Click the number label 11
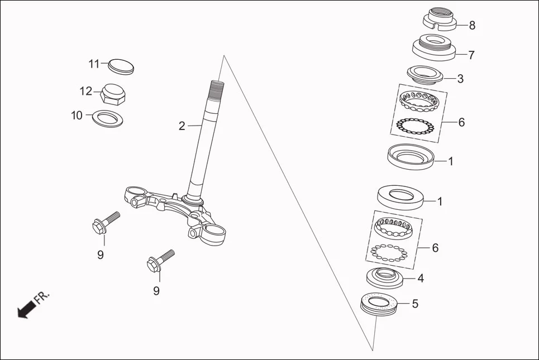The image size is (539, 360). click(94, 64)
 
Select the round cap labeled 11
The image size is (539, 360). click(120, 65)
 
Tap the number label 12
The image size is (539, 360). click(85, 90)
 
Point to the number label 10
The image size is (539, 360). click(77, 116)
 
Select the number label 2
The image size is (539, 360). click(182, 126)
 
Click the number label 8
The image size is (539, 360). click(472, 25)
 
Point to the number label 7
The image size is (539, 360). click(471, 55)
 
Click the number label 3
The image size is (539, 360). click(460, 79)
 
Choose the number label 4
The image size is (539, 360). click(421, 277)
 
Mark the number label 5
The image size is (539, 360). click(414, 304)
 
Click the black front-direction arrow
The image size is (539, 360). click(25, 310)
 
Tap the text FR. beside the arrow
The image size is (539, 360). click(42, 296)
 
